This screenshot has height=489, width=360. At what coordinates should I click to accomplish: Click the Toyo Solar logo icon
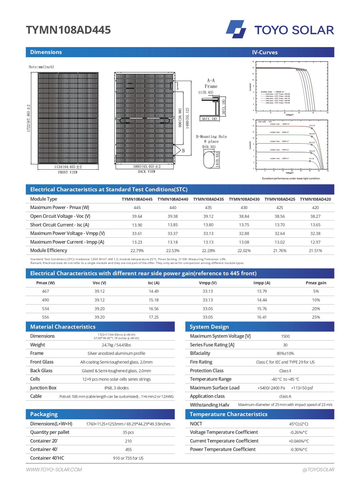[x=236, y=29]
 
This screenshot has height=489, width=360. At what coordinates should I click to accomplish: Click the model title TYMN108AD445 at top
[x=68, y=30]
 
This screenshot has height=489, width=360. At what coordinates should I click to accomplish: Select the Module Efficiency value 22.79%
[x=137, y=251]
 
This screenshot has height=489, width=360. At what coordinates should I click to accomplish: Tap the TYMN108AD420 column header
[x=315, y=199]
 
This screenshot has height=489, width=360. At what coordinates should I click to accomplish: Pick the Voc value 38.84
[x=244, y=216]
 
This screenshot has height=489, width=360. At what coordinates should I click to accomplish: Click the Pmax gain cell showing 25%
[x=316, y=317]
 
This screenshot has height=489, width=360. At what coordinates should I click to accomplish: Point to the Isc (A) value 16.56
[x=153, y=309]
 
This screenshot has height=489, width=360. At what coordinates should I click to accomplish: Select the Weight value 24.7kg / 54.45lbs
[x=116, y=345]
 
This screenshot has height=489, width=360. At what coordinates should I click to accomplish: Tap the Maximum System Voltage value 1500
[x=285, y=336]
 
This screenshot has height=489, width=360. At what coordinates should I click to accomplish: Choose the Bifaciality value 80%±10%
[x=285, y=353]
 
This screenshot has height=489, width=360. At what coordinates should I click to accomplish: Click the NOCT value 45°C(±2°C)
[x=299, y=424]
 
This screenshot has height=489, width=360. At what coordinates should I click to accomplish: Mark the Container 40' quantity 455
[x=128, y=450]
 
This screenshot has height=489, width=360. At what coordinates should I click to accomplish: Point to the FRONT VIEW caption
[x=68, y=172]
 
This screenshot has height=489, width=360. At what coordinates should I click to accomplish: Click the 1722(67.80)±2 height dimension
[x=29, y=118]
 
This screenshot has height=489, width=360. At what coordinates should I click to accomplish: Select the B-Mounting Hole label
[x=211, y=136]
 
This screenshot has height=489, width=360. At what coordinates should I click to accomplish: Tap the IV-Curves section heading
[x=265, y=53]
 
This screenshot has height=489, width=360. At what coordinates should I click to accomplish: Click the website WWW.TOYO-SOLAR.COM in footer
[x=54, y=470]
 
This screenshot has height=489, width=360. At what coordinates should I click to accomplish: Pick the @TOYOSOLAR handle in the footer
[x=318, y=470]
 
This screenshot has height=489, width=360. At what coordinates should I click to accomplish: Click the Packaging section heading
[x=44, y=414]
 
